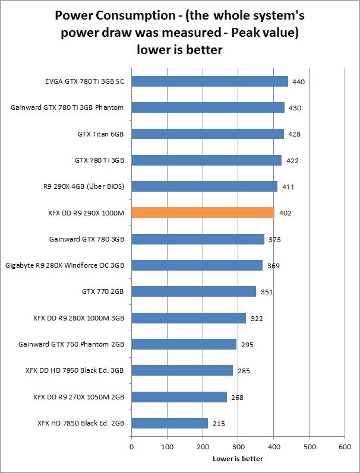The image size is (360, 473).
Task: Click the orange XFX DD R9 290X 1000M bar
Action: point(203,212)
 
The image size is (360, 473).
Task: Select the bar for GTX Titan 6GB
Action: point(207,134)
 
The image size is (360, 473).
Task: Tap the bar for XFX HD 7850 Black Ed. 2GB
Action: point(169,423)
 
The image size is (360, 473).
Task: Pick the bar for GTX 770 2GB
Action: point(194,291)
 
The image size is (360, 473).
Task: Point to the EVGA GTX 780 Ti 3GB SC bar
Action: point(209,81)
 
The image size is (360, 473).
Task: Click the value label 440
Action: point(299,82)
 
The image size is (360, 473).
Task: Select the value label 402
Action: point(285,213)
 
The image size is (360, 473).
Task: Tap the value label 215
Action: point(219,424)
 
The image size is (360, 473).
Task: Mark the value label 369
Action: point(273,266)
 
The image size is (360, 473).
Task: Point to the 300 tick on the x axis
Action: point(238,447)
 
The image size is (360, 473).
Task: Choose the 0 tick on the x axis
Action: point(131,447)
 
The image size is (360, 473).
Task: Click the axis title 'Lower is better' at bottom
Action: point(238,458)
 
